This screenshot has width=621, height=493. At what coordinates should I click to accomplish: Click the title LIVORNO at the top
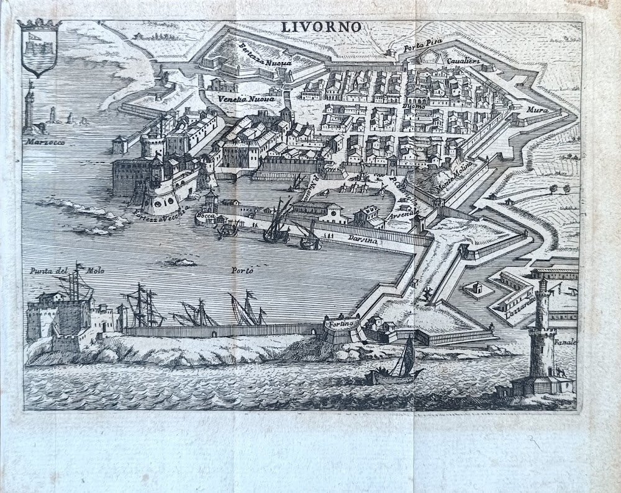pos(322,27)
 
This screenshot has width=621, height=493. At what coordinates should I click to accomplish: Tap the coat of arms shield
pos(39,49)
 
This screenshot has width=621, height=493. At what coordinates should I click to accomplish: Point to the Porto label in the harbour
pos(242,270)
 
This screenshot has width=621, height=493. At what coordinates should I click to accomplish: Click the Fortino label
pos(342,323)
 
